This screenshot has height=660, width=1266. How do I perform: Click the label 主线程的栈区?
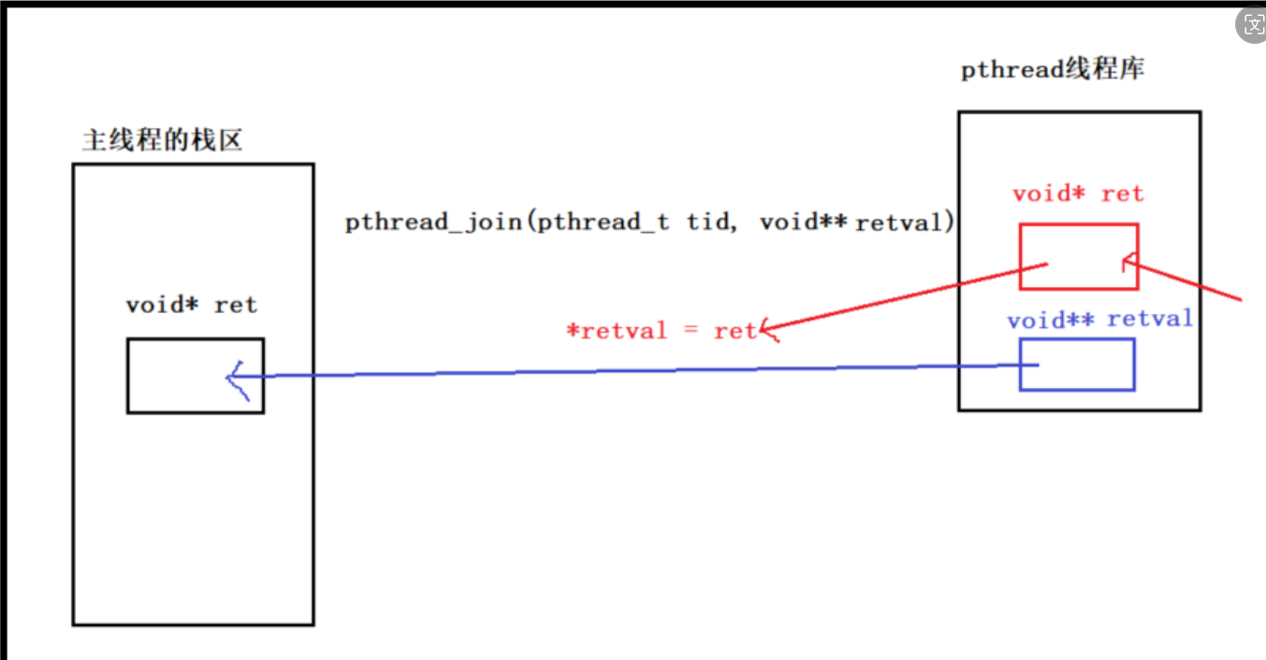pos(162,140)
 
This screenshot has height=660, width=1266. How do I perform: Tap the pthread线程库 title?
pos(1053,70)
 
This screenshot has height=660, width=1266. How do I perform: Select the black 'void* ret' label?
pos(191,305)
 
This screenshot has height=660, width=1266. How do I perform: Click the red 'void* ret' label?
pos(1078,194)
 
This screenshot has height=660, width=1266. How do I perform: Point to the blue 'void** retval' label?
pos(1099,320)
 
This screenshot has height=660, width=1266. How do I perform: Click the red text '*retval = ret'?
pos(660,331)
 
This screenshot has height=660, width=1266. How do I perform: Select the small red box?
pos(1079,256)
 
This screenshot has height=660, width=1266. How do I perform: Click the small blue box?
pos(1077,364)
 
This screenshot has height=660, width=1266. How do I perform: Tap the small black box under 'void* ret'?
pos(196,375)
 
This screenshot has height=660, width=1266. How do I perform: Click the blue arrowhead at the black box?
pos(235,378)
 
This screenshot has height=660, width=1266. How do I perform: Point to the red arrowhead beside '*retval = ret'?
pos(769,328)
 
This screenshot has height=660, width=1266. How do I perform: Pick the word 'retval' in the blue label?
pos(1150,319)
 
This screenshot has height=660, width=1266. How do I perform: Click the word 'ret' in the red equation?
pos(734,331)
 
